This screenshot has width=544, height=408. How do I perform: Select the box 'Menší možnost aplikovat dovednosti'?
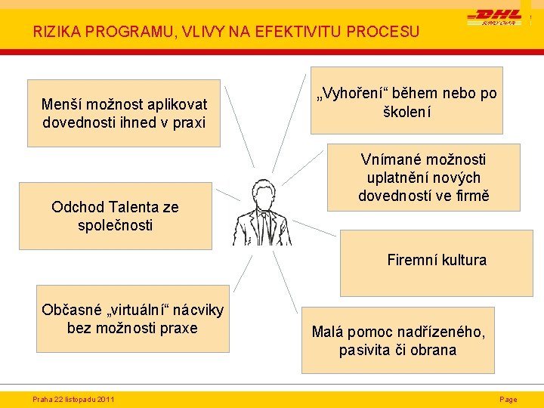coord(123,113)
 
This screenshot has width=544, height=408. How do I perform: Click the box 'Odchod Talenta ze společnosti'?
coord(115,215)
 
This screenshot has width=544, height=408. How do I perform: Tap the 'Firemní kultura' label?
coord(437,261)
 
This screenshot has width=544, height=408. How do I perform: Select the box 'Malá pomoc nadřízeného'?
coord(397,340)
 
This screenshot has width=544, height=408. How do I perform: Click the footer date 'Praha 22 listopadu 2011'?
coord(73,399)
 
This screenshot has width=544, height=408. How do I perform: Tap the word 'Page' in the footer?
coord(508,399)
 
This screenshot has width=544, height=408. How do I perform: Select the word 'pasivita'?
coord(366,350)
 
